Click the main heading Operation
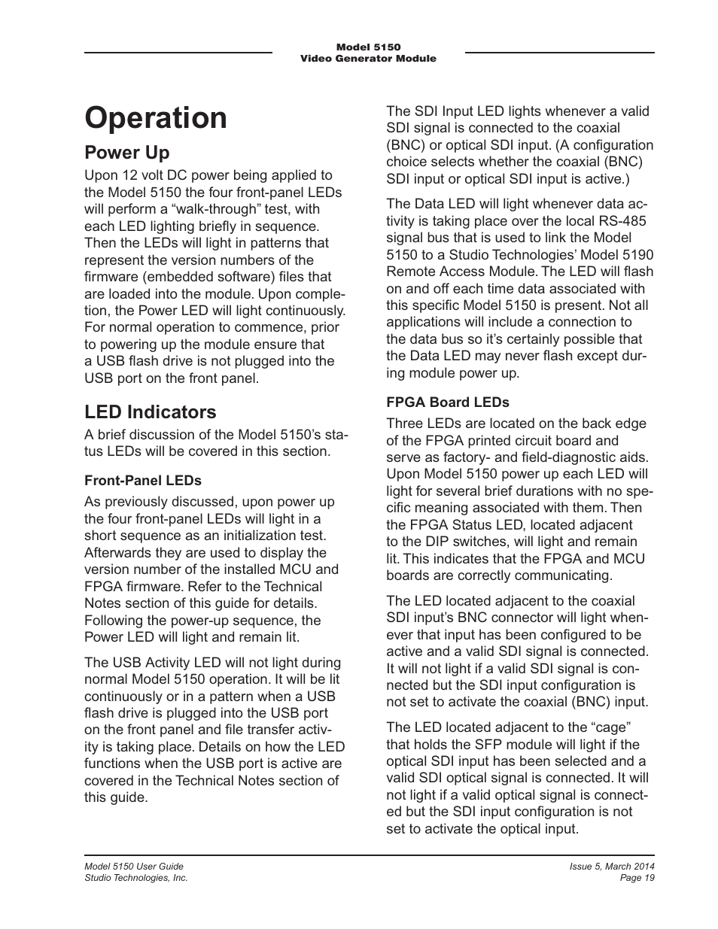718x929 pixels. (x=156, y=119)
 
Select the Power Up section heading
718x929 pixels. (x=127, y=153)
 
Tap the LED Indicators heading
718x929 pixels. (x=150, y=412)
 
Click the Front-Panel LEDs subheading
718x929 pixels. (x=143, y=480)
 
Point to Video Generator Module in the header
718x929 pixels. (x=368, y=59)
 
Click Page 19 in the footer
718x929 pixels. (x=638, y=878)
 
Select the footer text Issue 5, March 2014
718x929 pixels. (x=612, y=867)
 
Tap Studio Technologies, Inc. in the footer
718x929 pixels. (x=136, y=878)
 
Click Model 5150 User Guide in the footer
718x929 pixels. (x=134, y=867)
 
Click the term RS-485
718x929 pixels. (x=622, y=220)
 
